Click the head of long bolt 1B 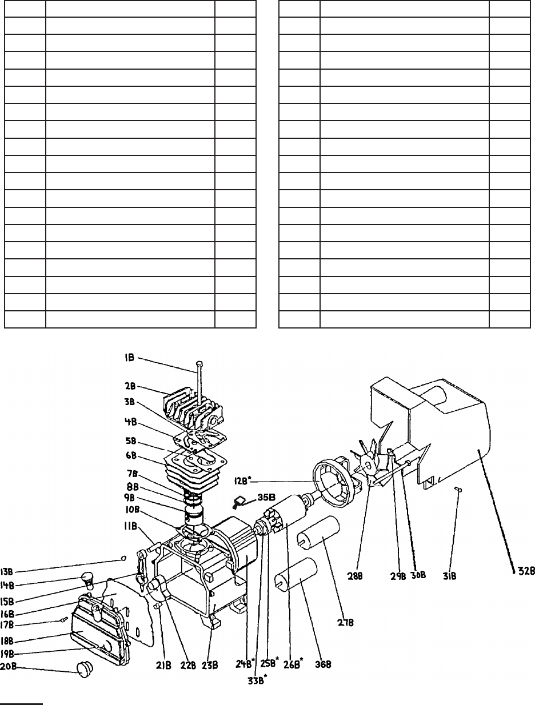point(198,363)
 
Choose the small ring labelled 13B point(123,558)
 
